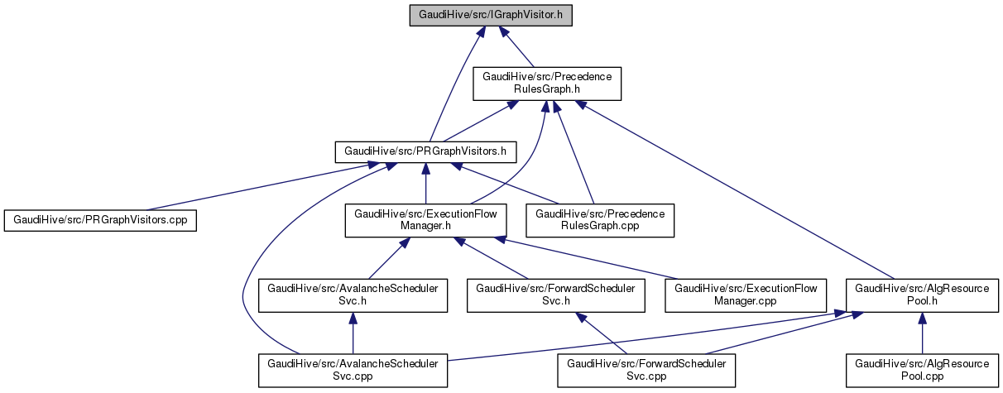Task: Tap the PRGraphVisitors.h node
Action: pyautogui.click(x=425, y=151)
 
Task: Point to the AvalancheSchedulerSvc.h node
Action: pyautogui.click(x=353, y=295)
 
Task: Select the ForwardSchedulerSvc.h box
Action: pyautogui.click(x=555, y=295)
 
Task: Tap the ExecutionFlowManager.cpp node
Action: pyautogui.click(x=746, y=295)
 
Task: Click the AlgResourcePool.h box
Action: pyautogui.click(x=921, y=295)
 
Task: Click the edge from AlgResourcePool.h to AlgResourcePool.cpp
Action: pyautogui.click(x=921, y=335)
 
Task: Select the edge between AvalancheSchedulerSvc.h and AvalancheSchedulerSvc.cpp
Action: pyautogui.click(x=353, y=335)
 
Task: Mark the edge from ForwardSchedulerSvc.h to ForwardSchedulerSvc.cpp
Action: pyautogui.click(x=604, y=334)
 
